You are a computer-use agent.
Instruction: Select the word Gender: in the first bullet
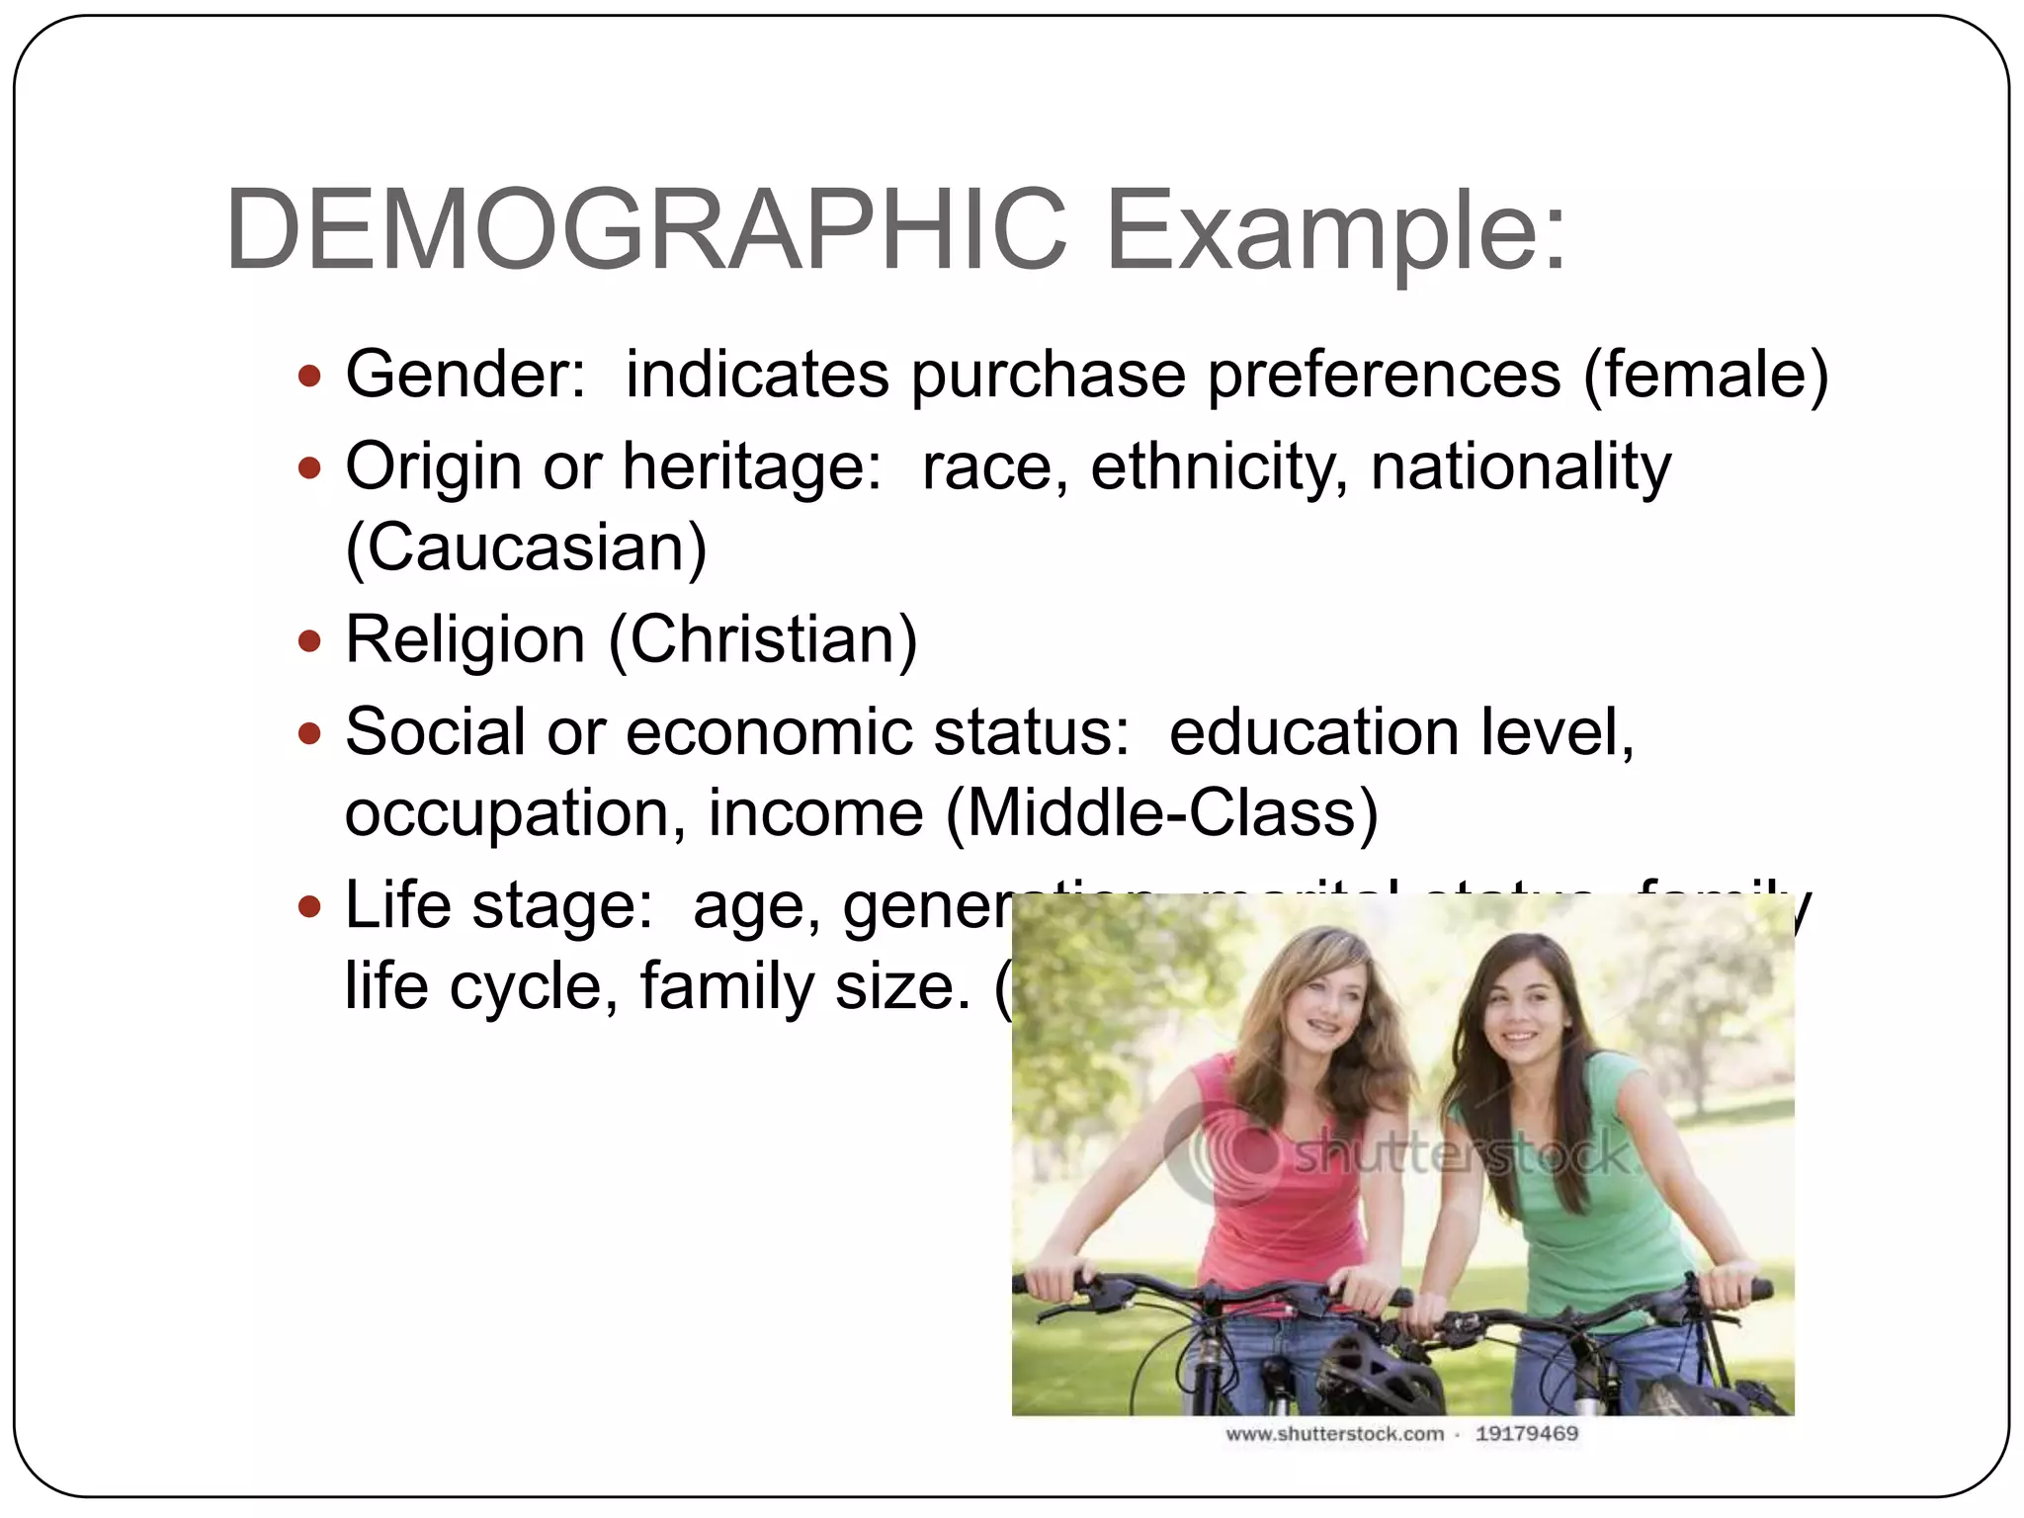point(465,375)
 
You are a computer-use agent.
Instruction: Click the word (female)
point(1706,377)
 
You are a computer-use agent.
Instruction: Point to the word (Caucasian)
point(526,548)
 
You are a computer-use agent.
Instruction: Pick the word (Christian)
point(764,640)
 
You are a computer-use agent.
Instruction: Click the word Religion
point(465,640)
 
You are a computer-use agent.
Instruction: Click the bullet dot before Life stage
point(310,905)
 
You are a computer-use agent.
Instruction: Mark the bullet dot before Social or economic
point(310,733)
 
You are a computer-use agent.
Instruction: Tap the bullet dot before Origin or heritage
point(310,466)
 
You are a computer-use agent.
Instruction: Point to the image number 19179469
point(1526,1434)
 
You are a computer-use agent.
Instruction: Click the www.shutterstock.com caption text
point(1334,1434)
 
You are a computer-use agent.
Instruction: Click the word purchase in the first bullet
point(1048,377)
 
